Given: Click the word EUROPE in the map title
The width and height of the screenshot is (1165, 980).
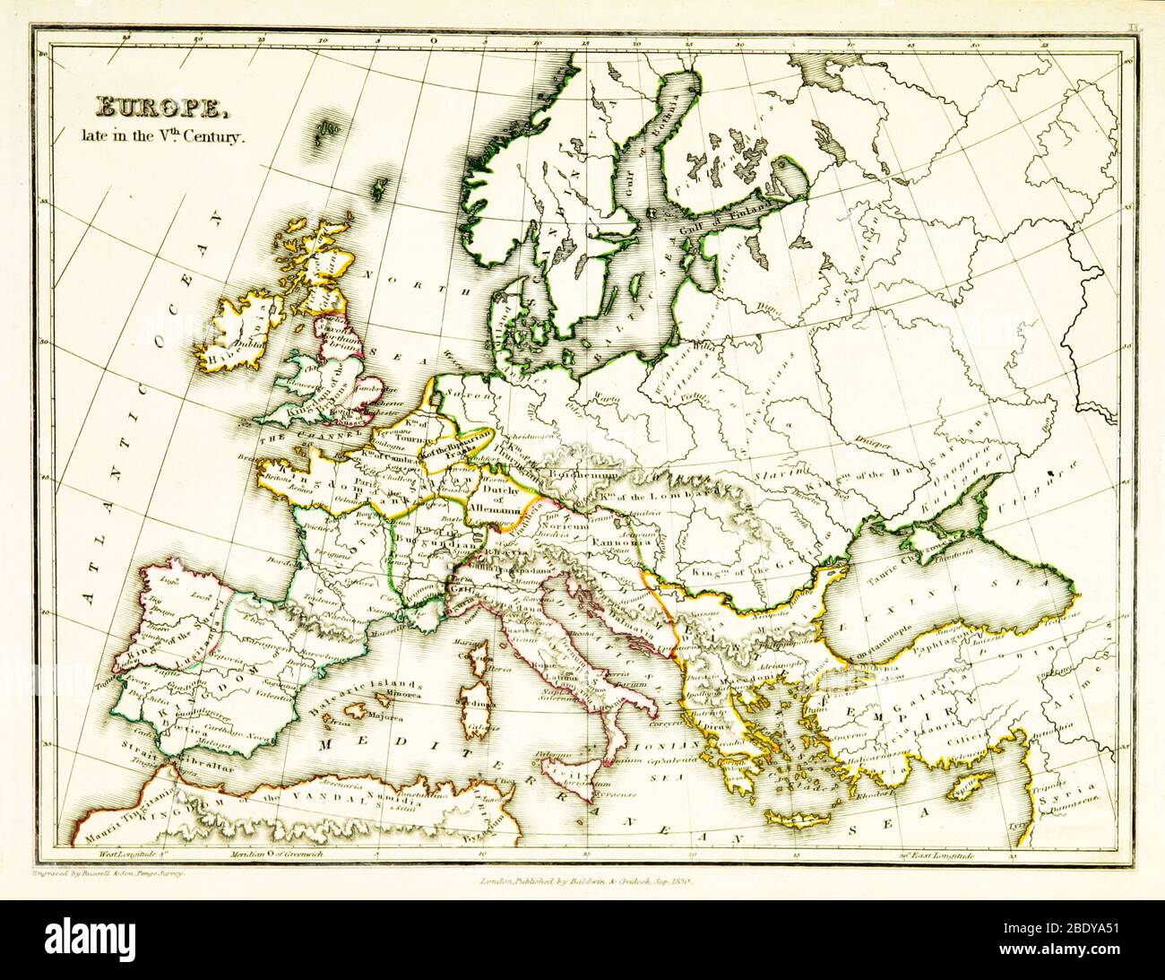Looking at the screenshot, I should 161,108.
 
